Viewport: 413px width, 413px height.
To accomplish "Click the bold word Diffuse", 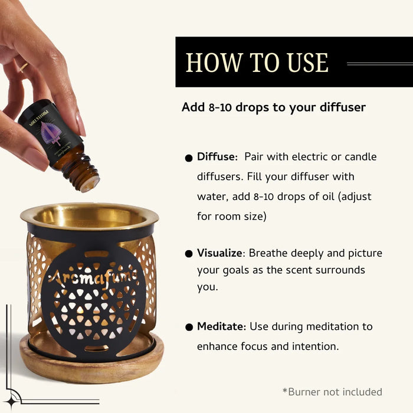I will pos(217,157).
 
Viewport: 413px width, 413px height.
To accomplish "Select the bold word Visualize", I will pos(220,253).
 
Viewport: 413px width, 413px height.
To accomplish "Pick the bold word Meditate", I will pos(221,326).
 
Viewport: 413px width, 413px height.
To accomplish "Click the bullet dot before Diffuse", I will pos(189,158).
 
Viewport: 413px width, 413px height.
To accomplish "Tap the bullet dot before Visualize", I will pos(189,254).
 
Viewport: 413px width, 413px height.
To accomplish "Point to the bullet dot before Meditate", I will pos(189,327).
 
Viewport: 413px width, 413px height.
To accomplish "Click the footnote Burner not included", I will pos(332,392).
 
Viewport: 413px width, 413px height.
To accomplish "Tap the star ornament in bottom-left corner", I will pos(12,397).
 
